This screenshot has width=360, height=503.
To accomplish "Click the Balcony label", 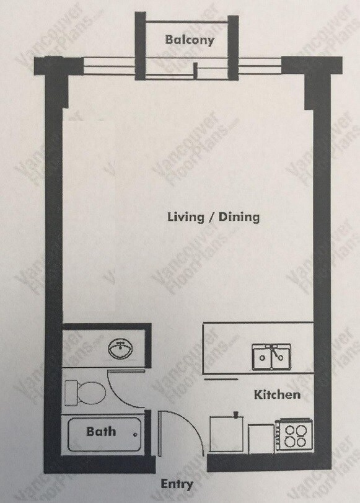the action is pos(190,40).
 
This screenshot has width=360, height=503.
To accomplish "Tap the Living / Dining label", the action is pos(214,217).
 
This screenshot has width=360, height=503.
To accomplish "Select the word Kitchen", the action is pos(278,394).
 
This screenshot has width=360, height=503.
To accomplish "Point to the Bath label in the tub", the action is pos(101,432).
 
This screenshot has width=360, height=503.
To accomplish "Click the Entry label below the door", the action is pos(177,484).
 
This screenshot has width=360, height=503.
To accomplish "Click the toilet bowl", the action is pos(92,393).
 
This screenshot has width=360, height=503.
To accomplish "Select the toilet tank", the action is pos(71,393).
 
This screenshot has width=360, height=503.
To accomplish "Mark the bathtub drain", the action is pos(135,435).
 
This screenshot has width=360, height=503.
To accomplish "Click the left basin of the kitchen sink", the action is pos(262,357).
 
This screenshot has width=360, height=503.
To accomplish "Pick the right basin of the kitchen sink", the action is pos(281,357).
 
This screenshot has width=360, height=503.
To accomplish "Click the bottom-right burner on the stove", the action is pos(301,442).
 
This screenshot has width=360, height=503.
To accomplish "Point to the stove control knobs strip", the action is pos(278,435).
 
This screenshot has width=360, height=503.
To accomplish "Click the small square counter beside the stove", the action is pos(261,438).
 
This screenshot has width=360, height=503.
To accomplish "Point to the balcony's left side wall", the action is pos(141,46).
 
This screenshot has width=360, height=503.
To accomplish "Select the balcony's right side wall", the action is pos(233,47).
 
